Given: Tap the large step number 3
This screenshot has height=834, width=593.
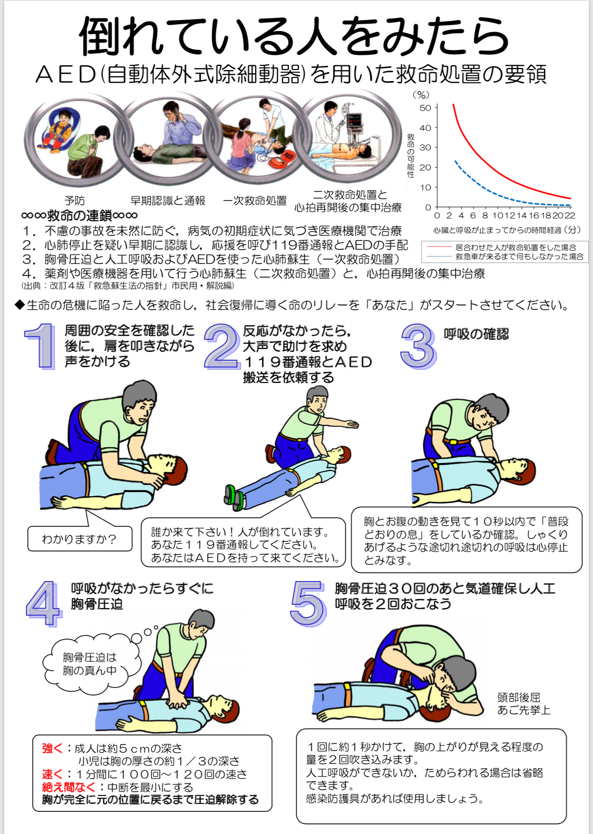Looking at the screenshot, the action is coord(419,346).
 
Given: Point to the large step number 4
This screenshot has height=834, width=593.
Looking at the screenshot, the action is coord(44,604).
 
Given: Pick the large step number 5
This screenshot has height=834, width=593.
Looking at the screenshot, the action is coord(308,604).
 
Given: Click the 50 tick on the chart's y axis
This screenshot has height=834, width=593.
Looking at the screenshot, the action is coord(425,108).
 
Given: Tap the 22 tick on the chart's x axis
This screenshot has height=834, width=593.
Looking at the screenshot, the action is coord(569,215).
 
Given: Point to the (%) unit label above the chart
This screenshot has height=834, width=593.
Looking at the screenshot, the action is coord(421,95).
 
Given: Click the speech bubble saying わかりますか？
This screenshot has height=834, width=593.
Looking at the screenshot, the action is coord(80,538).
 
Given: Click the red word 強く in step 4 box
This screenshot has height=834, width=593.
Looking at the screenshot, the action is coord(52,748).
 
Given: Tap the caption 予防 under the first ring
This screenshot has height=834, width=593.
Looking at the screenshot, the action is coord(74,201).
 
